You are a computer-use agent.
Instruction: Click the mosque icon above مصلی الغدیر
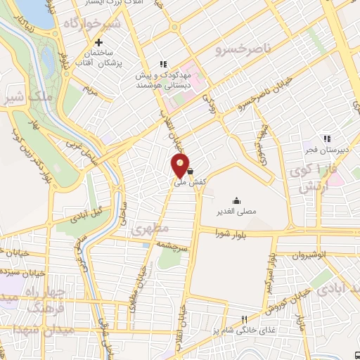pyautogui.click(x=236, y=200)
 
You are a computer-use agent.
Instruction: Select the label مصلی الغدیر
pyautogui.click(x=236, y=210)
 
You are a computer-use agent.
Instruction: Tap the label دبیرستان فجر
pyautogui.click(x=330, y=150)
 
